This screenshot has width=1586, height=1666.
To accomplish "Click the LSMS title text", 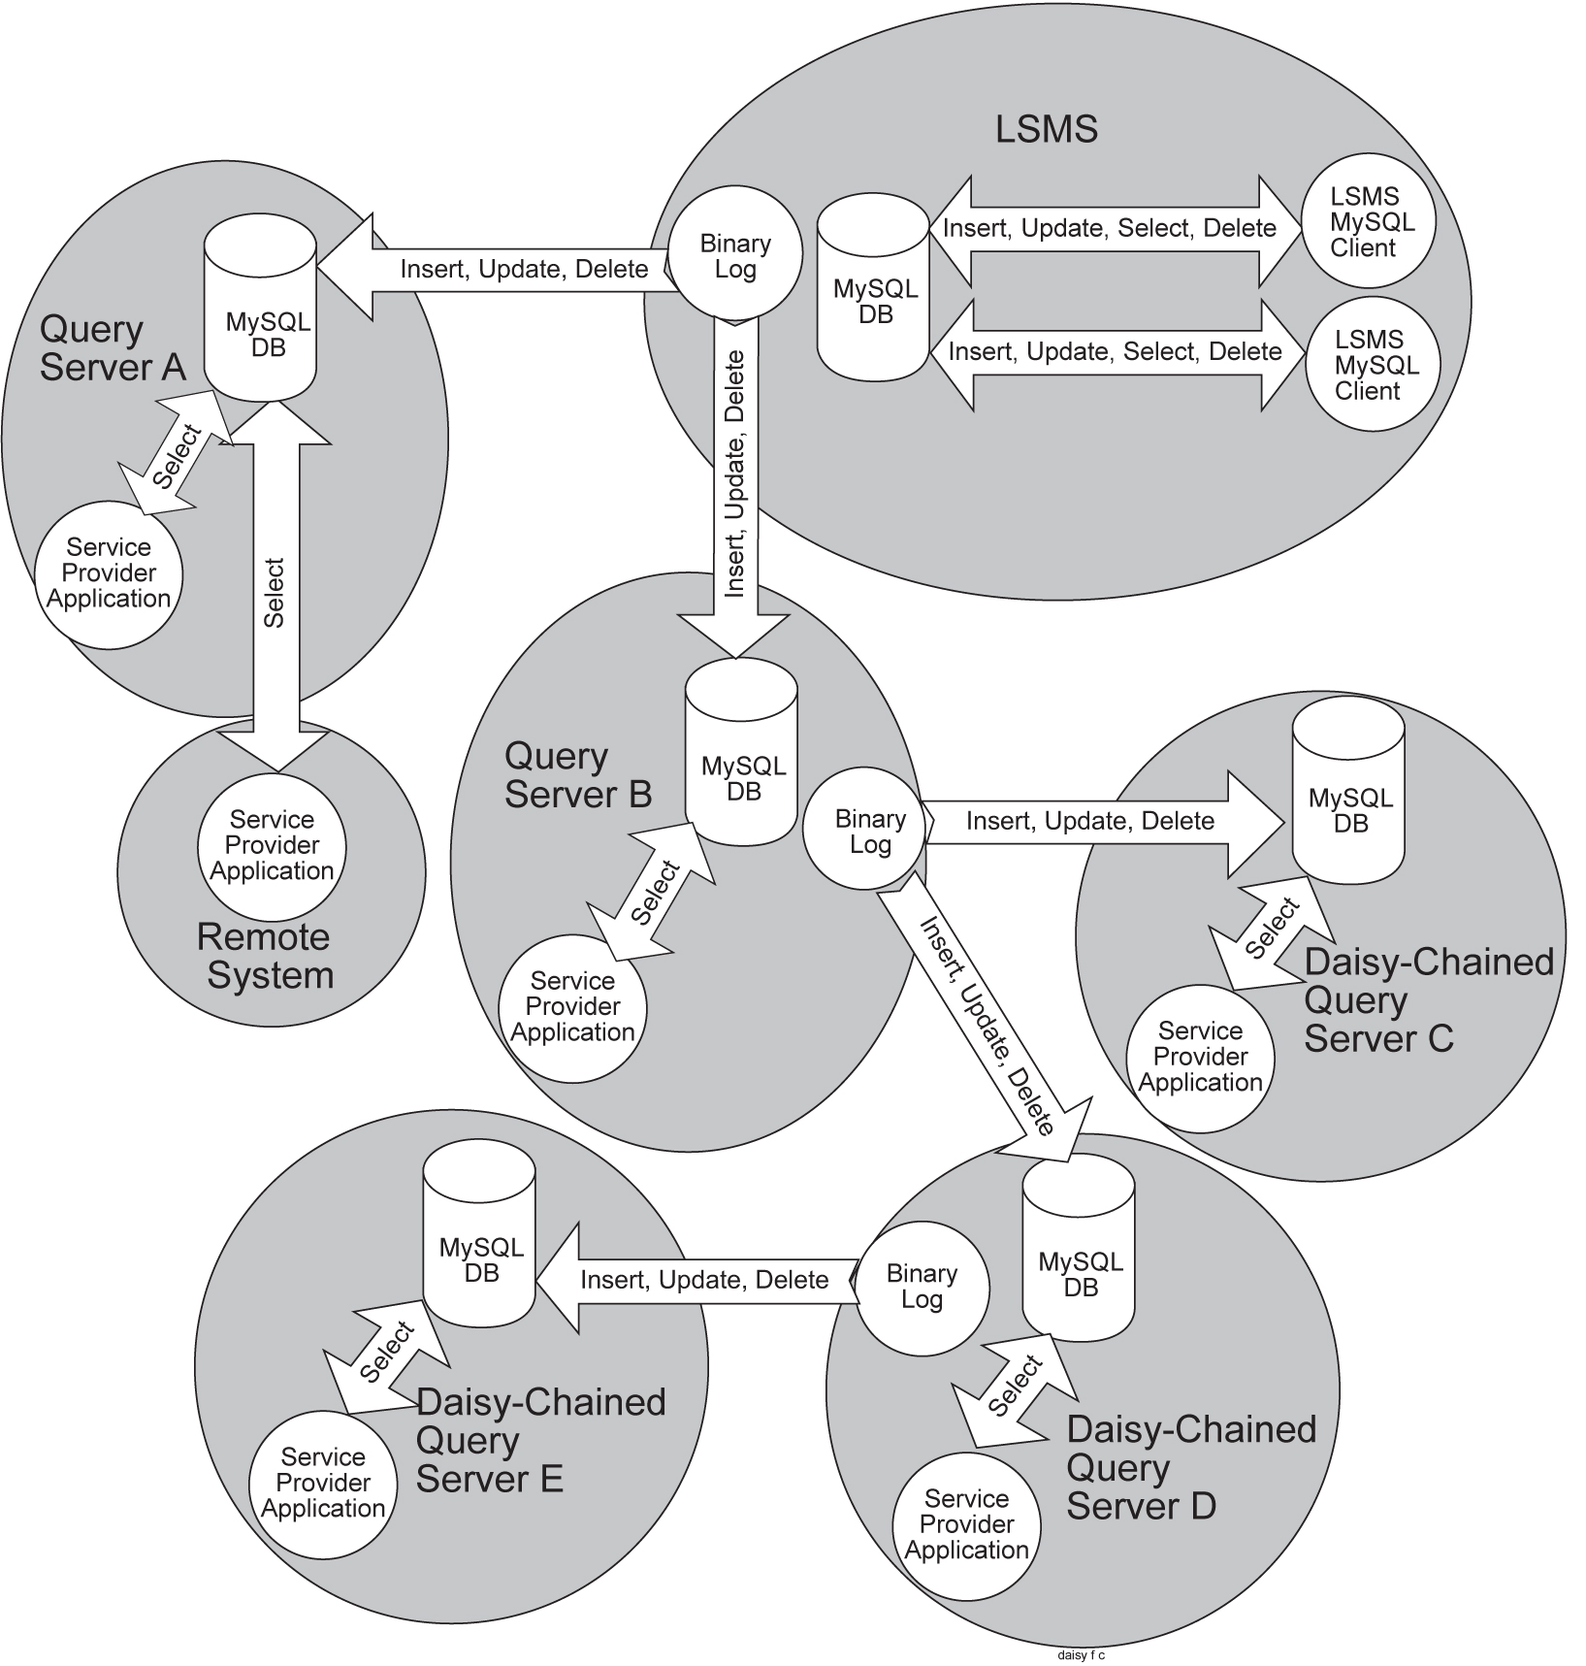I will pos(1046,129).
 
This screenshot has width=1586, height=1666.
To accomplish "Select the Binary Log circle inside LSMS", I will pos(736,255).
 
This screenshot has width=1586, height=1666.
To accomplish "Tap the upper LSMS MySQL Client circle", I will pos(1369,221).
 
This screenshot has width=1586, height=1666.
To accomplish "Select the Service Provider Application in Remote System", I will pos(272,846).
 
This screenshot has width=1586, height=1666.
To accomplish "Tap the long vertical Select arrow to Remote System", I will pos(275,592).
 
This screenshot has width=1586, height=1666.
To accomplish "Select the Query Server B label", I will pos(577,775).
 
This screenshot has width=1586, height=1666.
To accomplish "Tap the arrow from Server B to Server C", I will pos(1096,822).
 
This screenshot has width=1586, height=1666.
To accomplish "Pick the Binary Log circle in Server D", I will pos(922,1287).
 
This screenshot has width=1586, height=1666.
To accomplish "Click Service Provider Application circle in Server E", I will pos(323,1483).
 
